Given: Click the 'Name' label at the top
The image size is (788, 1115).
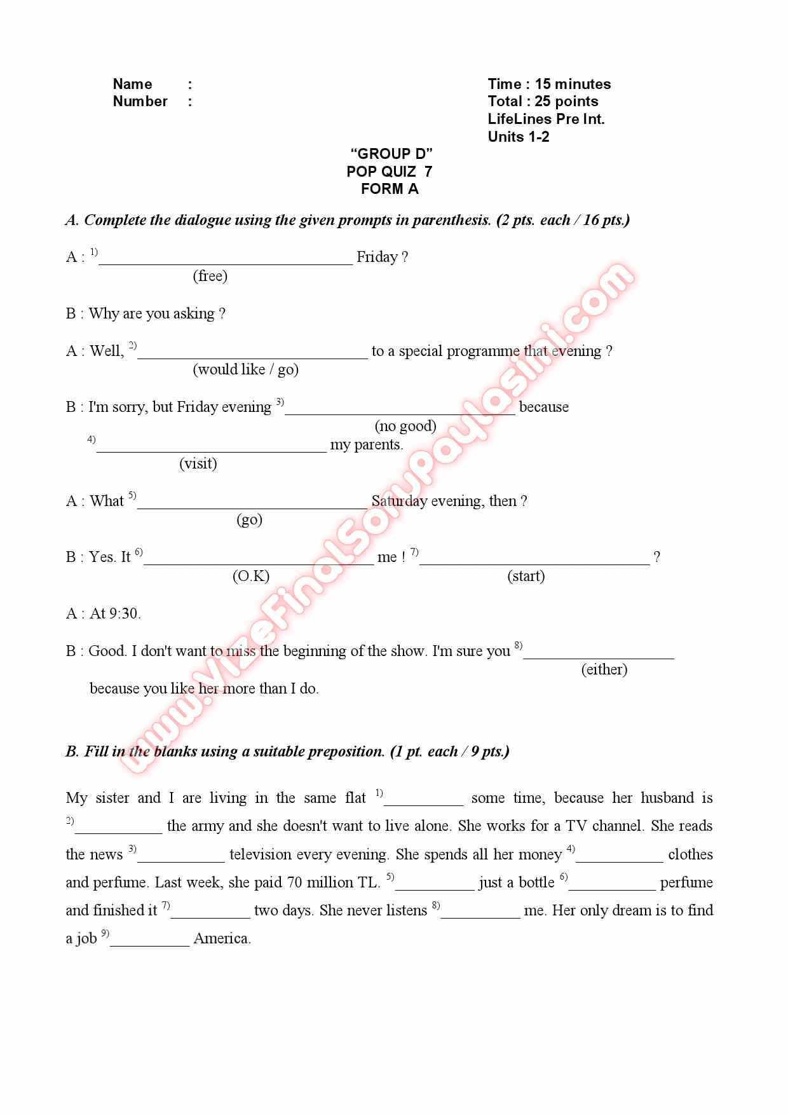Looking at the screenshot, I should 132,84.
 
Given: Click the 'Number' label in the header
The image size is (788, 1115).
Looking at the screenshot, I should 140,101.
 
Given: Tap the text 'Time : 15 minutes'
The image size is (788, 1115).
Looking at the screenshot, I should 549,84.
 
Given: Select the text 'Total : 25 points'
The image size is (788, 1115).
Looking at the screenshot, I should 543,101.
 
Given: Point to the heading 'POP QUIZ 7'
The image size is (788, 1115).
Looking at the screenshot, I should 389,172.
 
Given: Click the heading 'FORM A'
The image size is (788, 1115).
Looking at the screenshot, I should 390,189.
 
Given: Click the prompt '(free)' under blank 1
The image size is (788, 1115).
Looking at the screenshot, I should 210,276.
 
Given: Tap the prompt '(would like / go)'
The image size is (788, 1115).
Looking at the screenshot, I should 245,369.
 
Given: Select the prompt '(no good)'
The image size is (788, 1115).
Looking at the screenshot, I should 405,426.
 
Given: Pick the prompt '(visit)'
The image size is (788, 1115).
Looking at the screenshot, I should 198,463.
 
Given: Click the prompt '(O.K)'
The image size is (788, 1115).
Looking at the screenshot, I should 251,576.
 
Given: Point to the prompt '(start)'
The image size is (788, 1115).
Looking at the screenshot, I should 526,576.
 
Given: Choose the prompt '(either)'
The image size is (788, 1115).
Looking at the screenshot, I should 604,669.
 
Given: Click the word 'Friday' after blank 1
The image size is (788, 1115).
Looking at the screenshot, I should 377,257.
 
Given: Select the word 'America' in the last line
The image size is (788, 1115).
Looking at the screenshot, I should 222,938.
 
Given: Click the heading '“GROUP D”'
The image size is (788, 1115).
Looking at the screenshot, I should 391,154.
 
